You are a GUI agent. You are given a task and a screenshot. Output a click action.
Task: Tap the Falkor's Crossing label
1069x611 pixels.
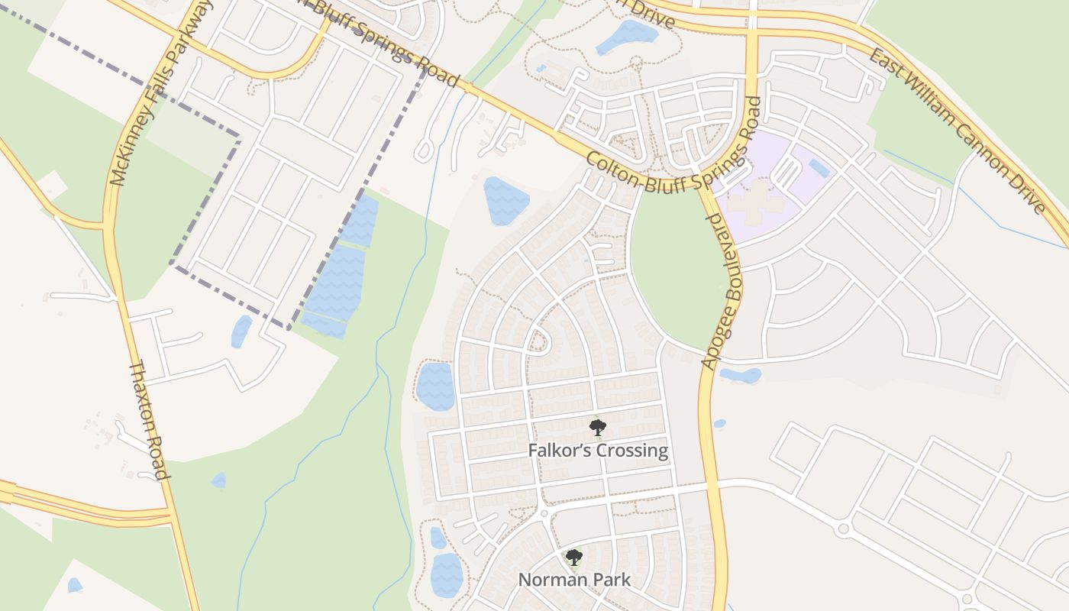pos(598,451)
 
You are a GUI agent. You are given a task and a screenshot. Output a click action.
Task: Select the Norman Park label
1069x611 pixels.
pos(574,580)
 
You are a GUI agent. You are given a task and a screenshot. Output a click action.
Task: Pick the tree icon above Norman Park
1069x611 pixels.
pos(574,558)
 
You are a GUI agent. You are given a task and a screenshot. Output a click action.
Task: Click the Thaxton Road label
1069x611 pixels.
pos(148,420)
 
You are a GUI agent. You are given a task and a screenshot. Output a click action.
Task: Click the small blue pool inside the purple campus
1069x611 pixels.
pos(819,168)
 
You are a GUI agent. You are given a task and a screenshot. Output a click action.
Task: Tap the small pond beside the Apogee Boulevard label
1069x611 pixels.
pos(741,376)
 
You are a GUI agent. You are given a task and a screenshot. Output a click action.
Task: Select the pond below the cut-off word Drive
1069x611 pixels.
pos(626,36)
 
